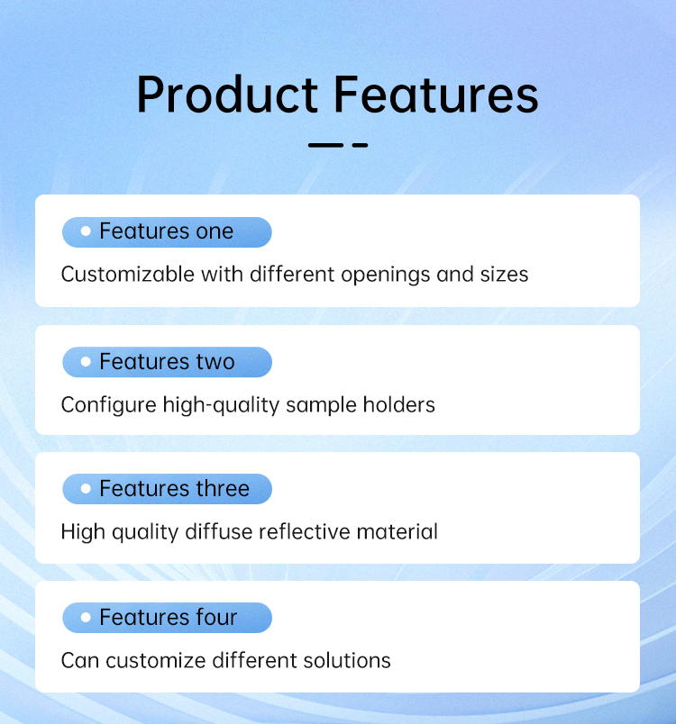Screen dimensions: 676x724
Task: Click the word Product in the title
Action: point(227,95)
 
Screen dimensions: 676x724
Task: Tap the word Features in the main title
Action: point(435,95)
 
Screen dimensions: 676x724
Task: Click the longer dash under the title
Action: point(325,145)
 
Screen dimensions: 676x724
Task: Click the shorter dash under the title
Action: point(360,145)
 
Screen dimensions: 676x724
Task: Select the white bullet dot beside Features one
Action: point(86,231)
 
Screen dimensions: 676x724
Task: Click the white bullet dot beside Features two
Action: point(86,361)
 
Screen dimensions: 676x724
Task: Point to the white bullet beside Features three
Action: point(86,488)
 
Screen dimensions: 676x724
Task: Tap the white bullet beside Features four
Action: point(86,618)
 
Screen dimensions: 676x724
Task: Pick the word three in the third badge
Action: point(223,488)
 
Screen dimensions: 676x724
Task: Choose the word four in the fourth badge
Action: point(216,618)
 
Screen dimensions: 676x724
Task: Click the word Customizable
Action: point(128,275)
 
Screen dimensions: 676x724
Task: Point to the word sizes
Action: point(504,275)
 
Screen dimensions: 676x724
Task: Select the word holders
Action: point(398,405)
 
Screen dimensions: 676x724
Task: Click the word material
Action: point(397,531)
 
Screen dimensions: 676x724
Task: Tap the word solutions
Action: point(347,660)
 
